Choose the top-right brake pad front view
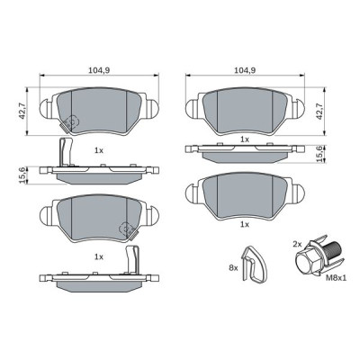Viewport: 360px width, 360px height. click(246, 109)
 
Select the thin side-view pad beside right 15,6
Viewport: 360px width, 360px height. click(245, 155)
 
